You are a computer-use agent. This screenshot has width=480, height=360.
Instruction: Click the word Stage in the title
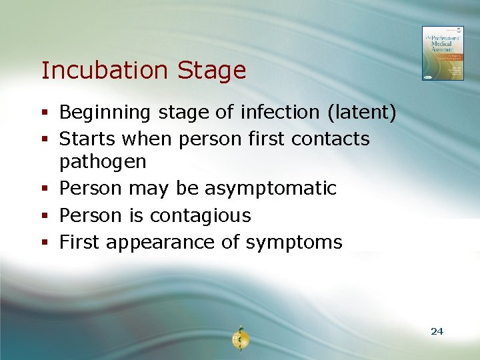[x=213, y=71]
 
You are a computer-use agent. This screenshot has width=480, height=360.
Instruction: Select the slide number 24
[x=437, y=331]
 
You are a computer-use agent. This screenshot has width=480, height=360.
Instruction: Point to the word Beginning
[x=105, y=113]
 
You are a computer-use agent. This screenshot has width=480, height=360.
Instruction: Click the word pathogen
[x=103, y=162]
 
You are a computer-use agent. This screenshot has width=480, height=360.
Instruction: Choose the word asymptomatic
[x=271, y=189]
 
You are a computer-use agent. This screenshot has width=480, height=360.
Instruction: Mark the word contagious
[x=201, y=216]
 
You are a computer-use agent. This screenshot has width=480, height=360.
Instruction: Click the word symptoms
[x=294, y=243]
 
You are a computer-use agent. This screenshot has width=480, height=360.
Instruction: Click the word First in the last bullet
[x=79, y=242]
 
